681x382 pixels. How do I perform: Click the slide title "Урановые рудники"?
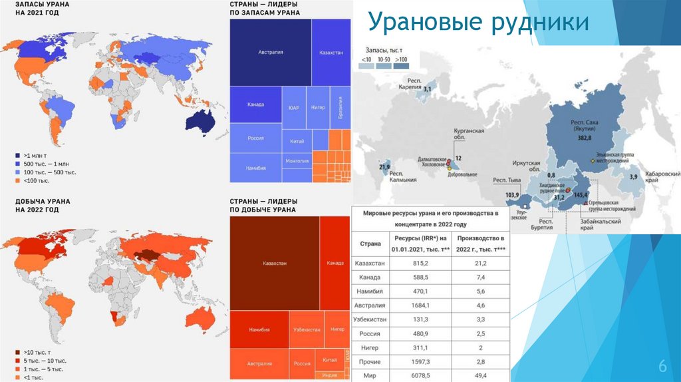point(479,23)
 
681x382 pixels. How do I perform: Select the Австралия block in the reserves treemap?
point(271,52)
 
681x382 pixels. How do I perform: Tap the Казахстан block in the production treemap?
point(274,264)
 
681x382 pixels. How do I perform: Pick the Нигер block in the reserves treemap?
point(318,107)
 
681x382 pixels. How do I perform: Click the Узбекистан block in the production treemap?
point(307,330)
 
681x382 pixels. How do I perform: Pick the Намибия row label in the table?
point(370,291)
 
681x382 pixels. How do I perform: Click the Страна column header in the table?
point(370,244)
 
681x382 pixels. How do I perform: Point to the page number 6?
point(662,366)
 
